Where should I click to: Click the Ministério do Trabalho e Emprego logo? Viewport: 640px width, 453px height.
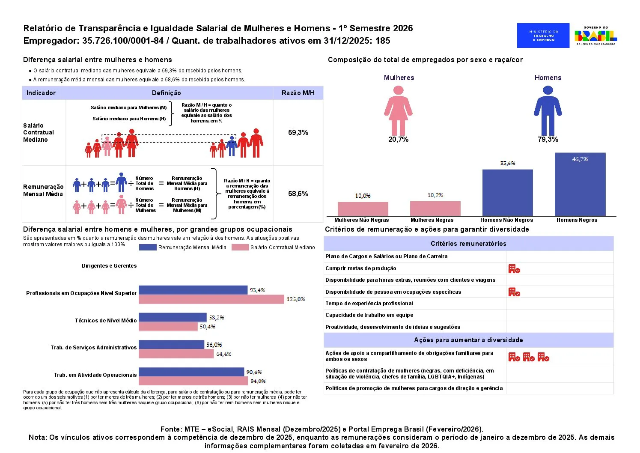tap(543, 36)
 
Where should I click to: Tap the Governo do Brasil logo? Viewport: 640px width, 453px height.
tap(595, 36)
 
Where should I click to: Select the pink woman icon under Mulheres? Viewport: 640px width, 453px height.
tap(398, 110)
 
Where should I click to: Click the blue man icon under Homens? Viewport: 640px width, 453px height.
tap(548, 110)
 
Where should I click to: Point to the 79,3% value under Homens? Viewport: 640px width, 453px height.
tap(548, 140)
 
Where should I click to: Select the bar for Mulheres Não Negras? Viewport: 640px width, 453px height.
tap(363, 209)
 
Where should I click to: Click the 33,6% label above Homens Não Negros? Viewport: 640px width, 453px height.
tap(507, 163)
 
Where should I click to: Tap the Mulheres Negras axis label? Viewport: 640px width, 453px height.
tap(432, 220)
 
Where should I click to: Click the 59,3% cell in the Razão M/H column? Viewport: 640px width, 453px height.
tap(298, 133)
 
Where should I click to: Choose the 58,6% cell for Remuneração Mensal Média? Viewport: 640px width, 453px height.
tap(298, 194)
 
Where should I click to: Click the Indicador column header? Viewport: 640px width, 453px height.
tap(41, 93)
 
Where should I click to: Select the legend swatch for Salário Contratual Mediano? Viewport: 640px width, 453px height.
tap(240, 247)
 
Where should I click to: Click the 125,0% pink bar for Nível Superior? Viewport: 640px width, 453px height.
tap(211, 299)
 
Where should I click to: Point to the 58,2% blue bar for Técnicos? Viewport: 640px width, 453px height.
tap(172, 317)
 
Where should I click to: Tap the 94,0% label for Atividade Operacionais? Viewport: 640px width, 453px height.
tap(258, 381)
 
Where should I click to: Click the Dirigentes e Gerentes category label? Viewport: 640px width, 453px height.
tap(109, 266)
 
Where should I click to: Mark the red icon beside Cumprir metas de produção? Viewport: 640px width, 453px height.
tap(514, 269)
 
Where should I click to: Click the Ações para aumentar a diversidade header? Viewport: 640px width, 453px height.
tap(468, 340)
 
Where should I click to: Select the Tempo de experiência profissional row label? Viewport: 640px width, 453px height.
tap(369, 304)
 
